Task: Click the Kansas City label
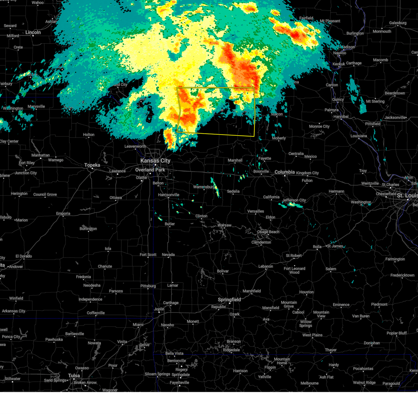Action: tap(155, 161)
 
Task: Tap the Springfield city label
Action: tap(229, 300)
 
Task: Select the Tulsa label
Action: tap(74, 376)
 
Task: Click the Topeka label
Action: tap(92, 165)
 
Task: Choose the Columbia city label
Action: tap(285, 172)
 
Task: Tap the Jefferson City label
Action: tap(294, 200)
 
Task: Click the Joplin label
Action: tap(159, 309)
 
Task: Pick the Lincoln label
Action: tap(33, 32)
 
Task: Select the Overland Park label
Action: tap(150, 170)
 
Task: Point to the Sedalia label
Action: tap(233, 191)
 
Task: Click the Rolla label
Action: tap(317, 247)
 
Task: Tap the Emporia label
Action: tap(63, 214)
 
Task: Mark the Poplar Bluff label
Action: tap(396, 333)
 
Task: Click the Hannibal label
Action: tap(341, 116)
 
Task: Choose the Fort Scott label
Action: tap(148, 255)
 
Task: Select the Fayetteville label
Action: tap(179, 382)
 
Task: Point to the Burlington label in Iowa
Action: tap(355, 33)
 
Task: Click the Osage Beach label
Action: tap(268, 232)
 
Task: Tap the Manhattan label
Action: tap(40, 155)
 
